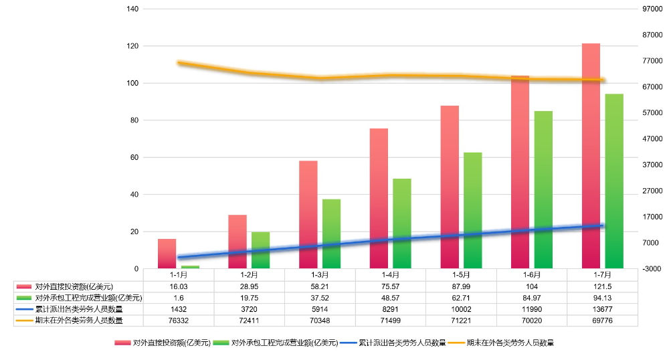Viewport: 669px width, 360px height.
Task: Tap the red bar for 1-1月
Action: (x=167, y=254)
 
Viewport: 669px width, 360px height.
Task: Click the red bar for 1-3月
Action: (x=308, y=214)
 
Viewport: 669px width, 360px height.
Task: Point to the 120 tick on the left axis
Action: (x=132, y=46)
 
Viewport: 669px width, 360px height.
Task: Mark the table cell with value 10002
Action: (x=461, y=309)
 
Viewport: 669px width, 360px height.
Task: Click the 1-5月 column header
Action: (x=461, y=274)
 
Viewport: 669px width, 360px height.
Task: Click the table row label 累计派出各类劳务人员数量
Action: (x=79, y=309)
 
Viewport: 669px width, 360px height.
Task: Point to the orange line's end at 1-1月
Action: (x=179, y=62)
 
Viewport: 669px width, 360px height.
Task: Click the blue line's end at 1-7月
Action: (x=603, y=226)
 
